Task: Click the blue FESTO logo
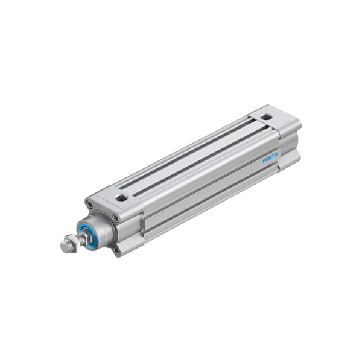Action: [x=270, y=158]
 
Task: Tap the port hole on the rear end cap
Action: [x=267, y=116]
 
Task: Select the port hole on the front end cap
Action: [x=121, y=197]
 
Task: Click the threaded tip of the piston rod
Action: [x=62, y=248]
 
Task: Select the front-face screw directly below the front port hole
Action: [x=116, y=218]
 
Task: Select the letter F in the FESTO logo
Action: [x=264, y=161]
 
